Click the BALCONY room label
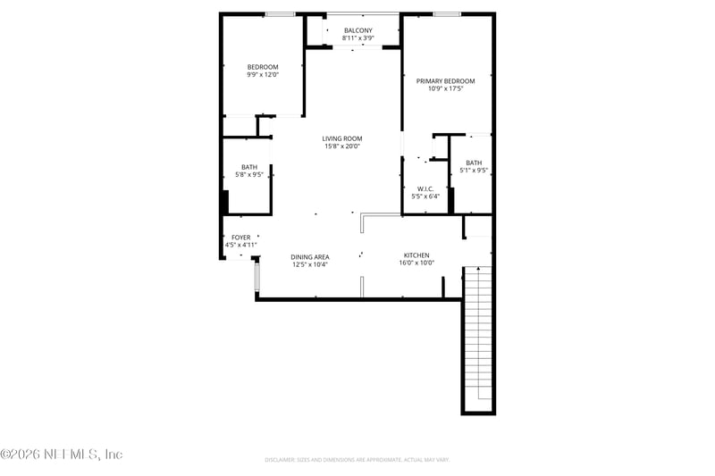click(x=357, y=30)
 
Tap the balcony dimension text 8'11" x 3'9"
click(x=357, y=38)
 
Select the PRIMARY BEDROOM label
click(x=445, y=81)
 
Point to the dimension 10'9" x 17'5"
click(x=445, y=89)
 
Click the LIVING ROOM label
click(x=342, y=138)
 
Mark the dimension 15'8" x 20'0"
click(x=342, y=146)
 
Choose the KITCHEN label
click(x=416, y=255)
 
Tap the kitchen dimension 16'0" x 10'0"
click(x=416, y=263)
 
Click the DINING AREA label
click(x=310, y=257)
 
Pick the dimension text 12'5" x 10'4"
click(x=310, y=265)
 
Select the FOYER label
click(x=241, y=238)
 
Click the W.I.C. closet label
click(x=425, y=188)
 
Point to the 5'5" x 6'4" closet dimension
click(x=425, y=196)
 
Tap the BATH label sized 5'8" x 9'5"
click(x=249, y=167)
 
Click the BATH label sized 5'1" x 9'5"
click(x=474, y=163)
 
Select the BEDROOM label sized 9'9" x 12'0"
click(x=263, y=67)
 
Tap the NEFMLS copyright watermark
click(x=62, y=455)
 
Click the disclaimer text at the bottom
click(x=357, y=460)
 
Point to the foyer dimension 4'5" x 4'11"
click(x=241, y=245)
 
